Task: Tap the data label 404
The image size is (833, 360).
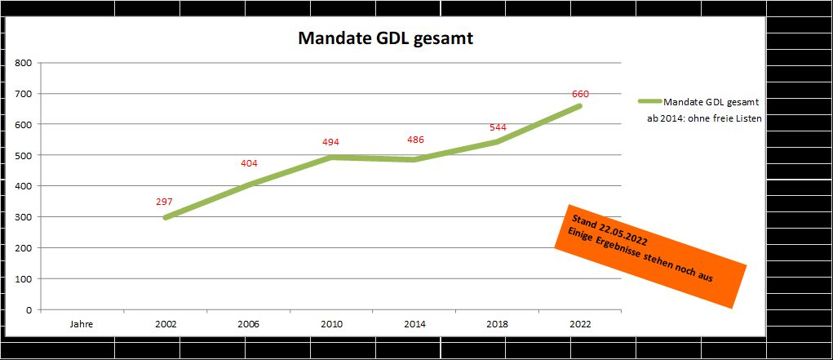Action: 249,163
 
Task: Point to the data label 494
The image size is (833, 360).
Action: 331,142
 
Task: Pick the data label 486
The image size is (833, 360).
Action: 415,140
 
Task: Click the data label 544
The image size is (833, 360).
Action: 498,127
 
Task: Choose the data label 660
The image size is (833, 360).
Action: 580,93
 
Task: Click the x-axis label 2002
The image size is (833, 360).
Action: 166,323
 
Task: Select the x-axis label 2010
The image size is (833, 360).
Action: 331,323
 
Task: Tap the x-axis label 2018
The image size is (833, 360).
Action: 498,323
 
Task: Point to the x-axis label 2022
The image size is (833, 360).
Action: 580,323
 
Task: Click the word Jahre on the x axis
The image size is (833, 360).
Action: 82,323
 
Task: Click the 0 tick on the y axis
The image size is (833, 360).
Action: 29,310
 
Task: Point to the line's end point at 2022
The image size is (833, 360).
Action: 580,105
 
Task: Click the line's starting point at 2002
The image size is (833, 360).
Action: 166,218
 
